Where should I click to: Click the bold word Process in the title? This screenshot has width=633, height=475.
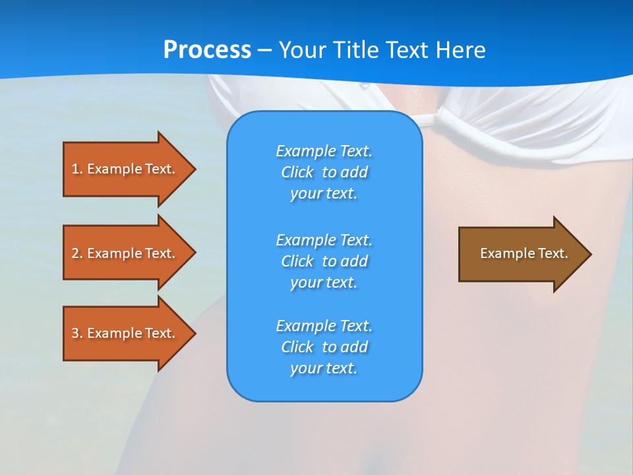pyautogui.click(x=207, y=50)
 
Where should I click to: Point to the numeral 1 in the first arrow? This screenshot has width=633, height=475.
pyautogui.click(x=75, y=169)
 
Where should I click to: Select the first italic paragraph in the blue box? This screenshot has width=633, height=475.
pyautogui.click(x=324, y=172)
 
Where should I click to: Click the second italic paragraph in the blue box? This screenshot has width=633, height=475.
pyautogui.click(x=324, y=261)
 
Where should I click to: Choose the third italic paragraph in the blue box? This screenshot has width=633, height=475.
pyautogui.click(x=324, y=347)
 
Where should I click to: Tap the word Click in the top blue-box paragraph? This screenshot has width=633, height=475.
pyautogui.click(x=297, y=172)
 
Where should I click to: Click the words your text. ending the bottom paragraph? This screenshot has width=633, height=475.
pyautogui.click(x=324, y=368)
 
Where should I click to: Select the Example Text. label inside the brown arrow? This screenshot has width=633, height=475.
pyautogui.click(x=524, y=253)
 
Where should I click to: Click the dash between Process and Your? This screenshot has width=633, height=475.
pyautogui.click(x=265, y=50)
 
